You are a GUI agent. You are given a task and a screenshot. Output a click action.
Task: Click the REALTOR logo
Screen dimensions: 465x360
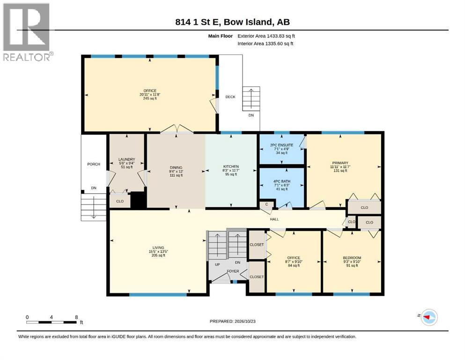27,32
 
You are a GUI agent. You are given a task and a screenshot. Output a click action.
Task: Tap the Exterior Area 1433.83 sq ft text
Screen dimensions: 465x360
266,36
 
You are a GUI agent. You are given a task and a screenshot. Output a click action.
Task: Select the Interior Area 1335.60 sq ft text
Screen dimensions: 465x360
266,44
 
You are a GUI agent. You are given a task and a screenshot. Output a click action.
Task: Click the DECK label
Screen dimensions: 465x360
230,97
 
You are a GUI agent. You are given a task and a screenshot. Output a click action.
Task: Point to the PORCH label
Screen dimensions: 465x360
94,164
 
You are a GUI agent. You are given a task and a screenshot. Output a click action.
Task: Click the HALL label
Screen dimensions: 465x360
274,219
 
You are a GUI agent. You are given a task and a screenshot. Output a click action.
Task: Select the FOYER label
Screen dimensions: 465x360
233,271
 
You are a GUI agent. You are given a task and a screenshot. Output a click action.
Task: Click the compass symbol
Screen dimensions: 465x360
429,317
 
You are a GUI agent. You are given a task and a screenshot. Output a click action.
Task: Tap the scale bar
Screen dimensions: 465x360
52,322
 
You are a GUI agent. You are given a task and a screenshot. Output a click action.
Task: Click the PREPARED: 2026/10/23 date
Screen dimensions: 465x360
232,322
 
